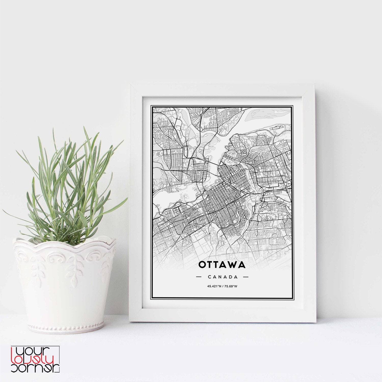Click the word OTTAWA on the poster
pos(222,265)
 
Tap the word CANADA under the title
pos(223,277)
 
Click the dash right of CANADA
pos(246,277)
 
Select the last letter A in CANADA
pos(236,277)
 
